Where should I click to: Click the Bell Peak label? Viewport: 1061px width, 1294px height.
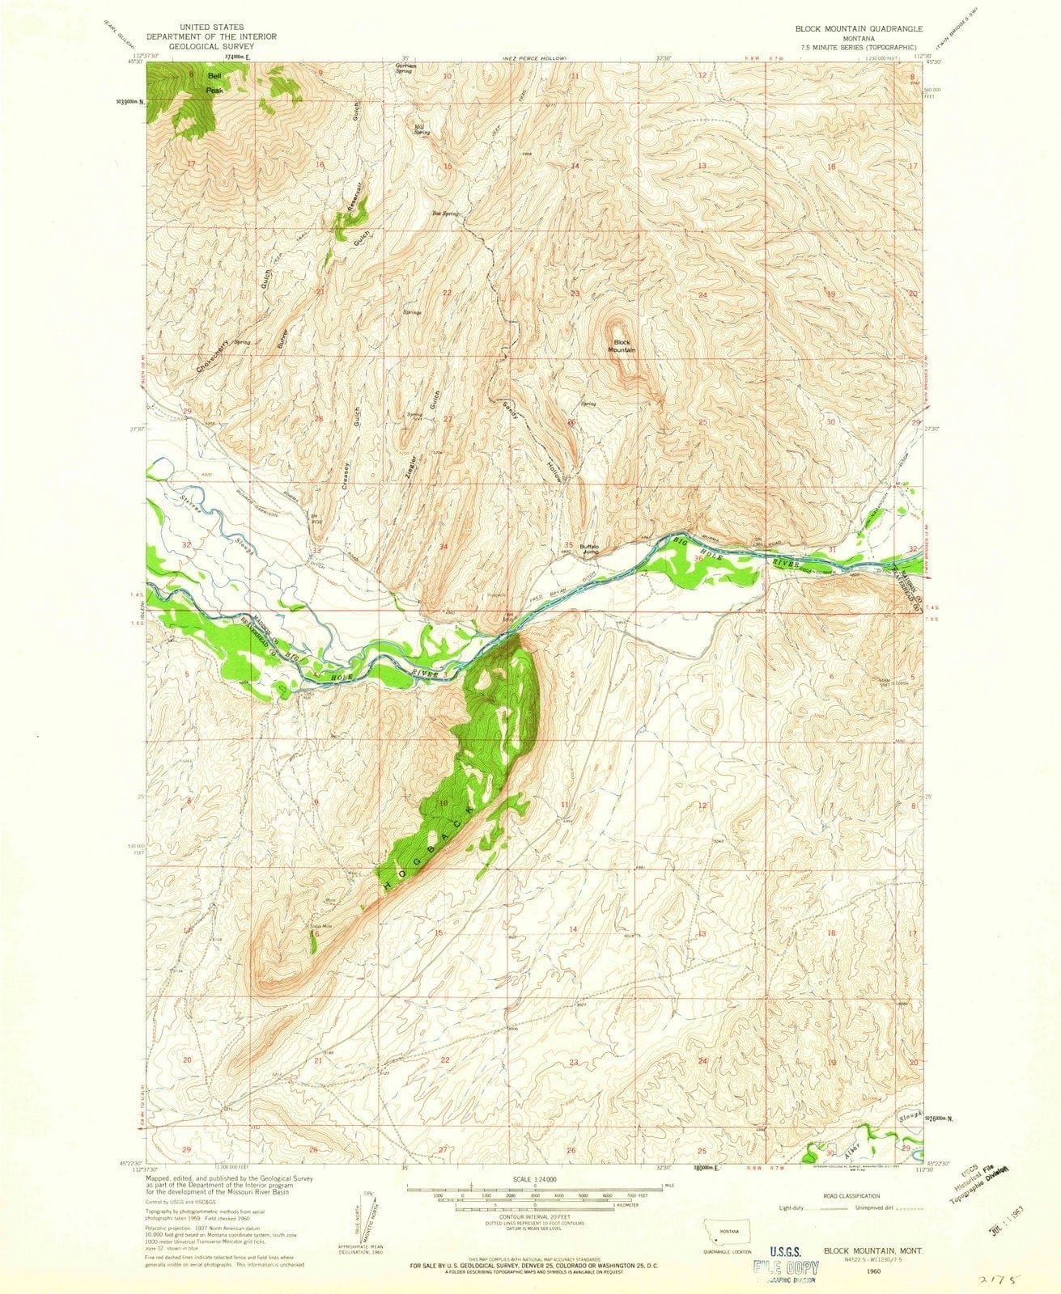[214, 83]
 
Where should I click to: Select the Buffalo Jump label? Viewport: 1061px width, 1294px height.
[588, 548]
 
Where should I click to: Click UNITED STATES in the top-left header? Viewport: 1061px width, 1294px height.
[210, 27]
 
